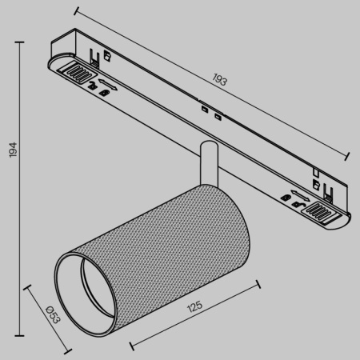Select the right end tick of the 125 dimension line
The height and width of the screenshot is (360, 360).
click(258, 281)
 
